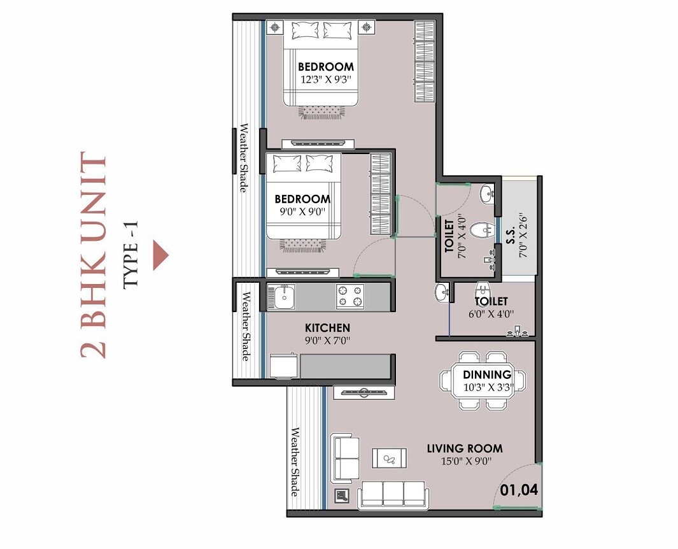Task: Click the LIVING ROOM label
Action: pyautogui.click(x=464, y=448)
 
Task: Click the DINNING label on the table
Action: pyautogui.click(x=486, y=374)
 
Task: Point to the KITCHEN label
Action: pyautogui.click(x=327, y=327)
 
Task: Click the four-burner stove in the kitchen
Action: pyautogui.click(x=350, y=296)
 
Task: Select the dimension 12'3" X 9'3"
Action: pyautogui.click(x=326, y=80)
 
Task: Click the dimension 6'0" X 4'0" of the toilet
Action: pyautogui.click(x=491, y=313)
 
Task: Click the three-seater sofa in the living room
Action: pyautogui.click(x=394, y=494)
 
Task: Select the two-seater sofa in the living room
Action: pyautogui.click(x=346, y=458)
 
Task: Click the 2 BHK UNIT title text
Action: pyautogui.click(x=94, y=255)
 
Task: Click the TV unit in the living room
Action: pyautogui.click(x=360, y=392)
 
